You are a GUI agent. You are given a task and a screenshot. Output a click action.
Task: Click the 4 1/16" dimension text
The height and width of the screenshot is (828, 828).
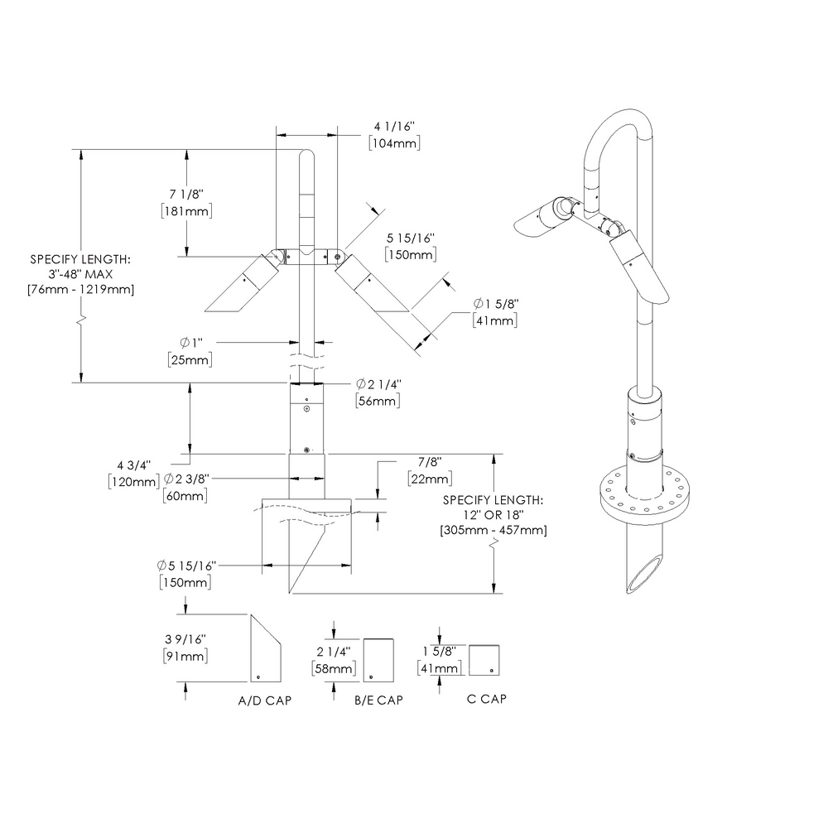pyautogui.click(x=393, y=127)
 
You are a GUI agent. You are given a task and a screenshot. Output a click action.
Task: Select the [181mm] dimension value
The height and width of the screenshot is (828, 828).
pyautogui.click(x=186, y=211)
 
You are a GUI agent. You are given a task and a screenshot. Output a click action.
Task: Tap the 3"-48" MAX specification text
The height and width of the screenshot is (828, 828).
pyautogui.click(x=81, y=273)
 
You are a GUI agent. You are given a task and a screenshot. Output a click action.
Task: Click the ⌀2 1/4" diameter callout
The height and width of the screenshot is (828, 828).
pyautogui.click(x=378, y=384)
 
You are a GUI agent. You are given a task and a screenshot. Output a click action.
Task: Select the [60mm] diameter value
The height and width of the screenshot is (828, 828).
pyautogui.click(x=185, y=495)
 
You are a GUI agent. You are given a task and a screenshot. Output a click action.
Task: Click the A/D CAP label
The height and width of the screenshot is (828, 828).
pyautogui.click(x=264, y=700)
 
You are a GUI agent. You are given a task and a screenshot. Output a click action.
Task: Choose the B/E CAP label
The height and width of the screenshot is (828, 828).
pyautogui.click(x=378, y=700)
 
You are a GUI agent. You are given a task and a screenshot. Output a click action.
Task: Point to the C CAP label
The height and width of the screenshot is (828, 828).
pyautogui.click(x=486, y=699)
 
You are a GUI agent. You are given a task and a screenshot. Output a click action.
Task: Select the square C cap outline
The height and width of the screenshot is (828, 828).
pyautogui.click(x=484, y=660)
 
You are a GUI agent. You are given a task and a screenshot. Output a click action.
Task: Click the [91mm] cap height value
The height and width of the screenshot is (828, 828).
pyautogui.click(x=185, y=656)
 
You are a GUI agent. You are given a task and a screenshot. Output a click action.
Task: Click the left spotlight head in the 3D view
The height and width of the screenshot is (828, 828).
pyautogui.click(x=546, y=214)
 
